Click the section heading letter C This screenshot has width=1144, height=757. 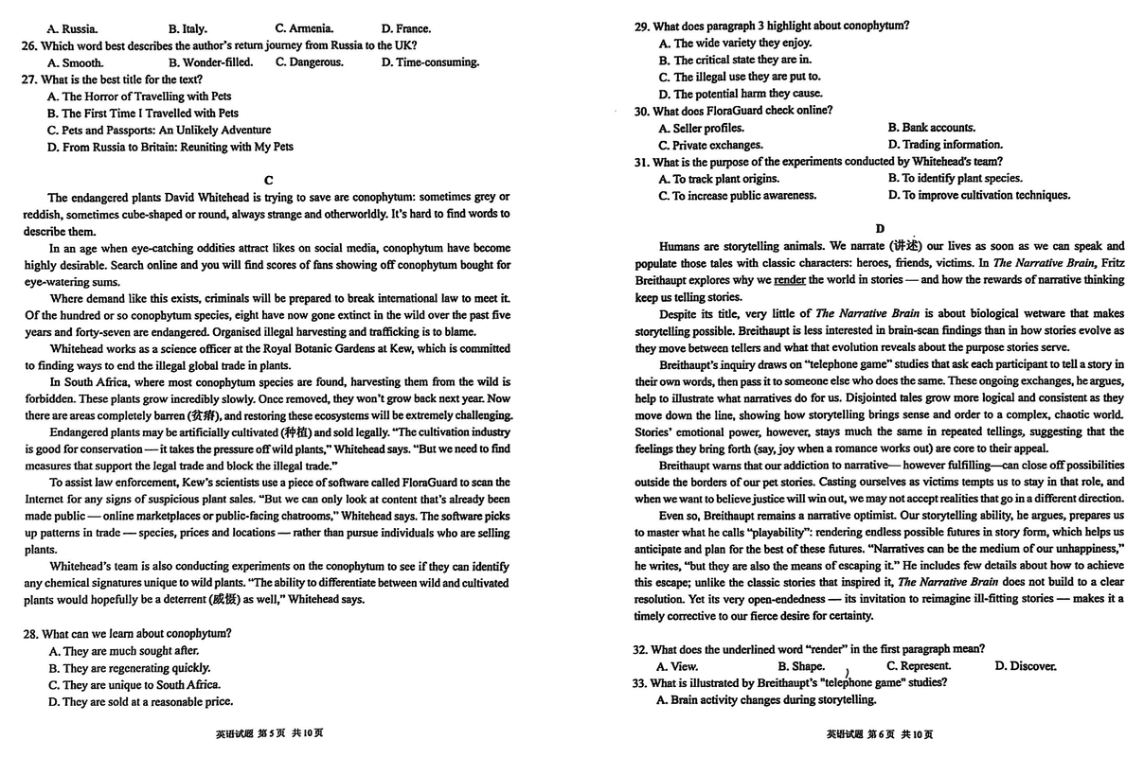[268, 180]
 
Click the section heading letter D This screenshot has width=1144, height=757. [880, 228]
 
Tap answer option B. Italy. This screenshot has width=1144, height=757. [188, 28]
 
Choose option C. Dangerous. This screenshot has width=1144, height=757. [310, 62]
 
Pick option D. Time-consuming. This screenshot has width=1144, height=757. [430, 62]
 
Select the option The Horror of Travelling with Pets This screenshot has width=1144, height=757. [139, 97]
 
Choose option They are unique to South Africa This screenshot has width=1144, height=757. [134, 685]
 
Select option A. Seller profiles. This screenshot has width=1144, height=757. [702, 128]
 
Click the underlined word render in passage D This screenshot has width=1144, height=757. [789, 280]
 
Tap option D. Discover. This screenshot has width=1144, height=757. [1026, 666]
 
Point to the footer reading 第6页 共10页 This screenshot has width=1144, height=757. [880, 734]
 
